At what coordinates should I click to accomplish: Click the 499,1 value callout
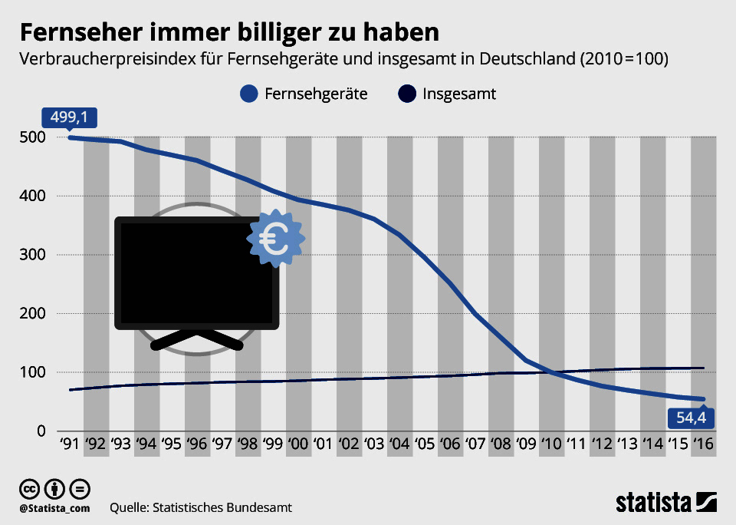click(69, 117)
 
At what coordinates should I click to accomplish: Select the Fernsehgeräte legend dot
click(248, 94)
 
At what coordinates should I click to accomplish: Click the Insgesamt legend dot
click(407, 94)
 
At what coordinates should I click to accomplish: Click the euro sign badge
click(275, 239)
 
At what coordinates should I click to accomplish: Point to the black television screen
click(196, 272)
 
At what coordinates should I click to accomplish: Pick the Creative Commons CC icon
click(30, 489)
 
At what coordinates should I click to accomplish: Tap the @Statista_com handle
click(55, 508)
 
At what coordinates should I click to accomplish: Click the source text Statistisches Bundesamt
click(222, 508)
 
